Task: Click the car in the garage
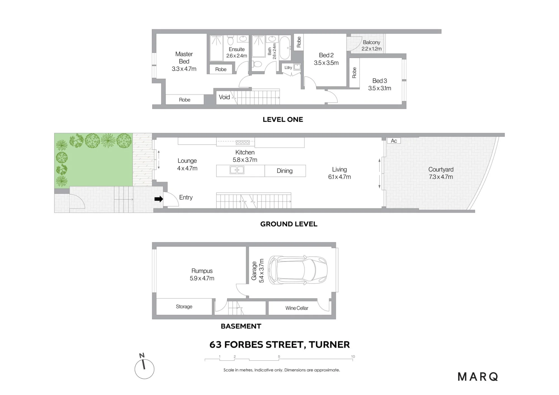pos(297,270)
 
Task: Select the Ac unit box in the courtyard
pos(394,141)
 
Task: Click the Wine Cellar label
pos(297,308)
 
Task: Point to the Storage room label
pos(184,307)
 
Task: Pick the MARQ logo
pos(478,377)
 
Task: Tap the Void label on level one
pos(224,97)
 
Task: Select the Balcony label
pos(371,42)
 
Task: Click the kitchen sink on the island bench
pos(237,170)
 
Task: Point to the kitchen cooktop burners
pos(243,143)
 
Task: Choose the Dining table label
pos(285,171)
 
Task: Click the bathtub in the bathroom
pos(285,48)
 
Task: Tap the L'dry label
pos(288,67)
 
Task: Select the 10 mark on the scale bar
pos(353,356)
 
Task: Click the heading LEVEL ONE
pos(283,119)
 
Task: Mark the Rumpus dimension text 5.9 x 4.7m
pos(202,278)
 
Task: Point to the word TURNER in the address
pos(329,345)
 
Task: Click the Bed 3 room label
pos(380,81)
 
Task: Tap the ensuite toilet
pos(230,41)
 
